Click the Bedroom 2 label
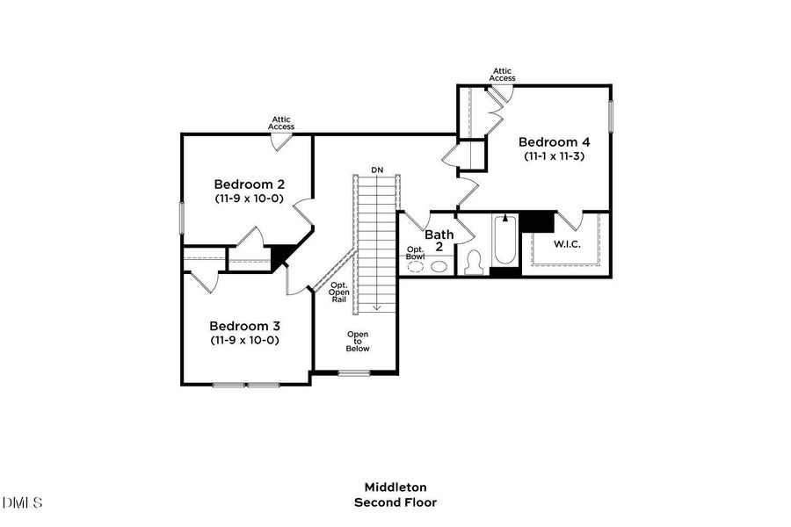(x=250, y=184)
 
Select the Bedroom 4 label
(x=554, y=141)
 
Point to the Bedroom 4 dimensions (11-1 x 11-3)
(x=555, y=156)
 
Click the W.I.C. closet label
(x=566, y=243)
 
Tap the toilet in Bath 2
(x=474, y=263)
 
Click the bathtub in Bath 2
(x=504, y=242)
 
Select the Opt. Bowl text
(x=416, y=252)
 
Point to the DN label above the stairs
(x=377, y=170)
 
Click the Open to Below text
(x=358, y=341)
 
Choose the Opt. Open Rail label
(x=339, y=292)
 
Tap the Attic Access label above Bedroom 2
(x=281, y=123)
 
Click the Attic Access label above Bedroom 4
(x=503, y=75)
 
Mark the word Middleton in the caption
(x=395, y=487)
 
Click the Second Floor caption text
(x=395, y=502)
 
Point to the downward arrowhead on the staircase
(x=376, y=307)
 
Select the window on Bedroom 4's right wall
(x=611, y=116)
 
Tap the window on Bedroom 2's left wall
(x=182, y=219)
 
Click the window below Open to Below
(x=353, y=373)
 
